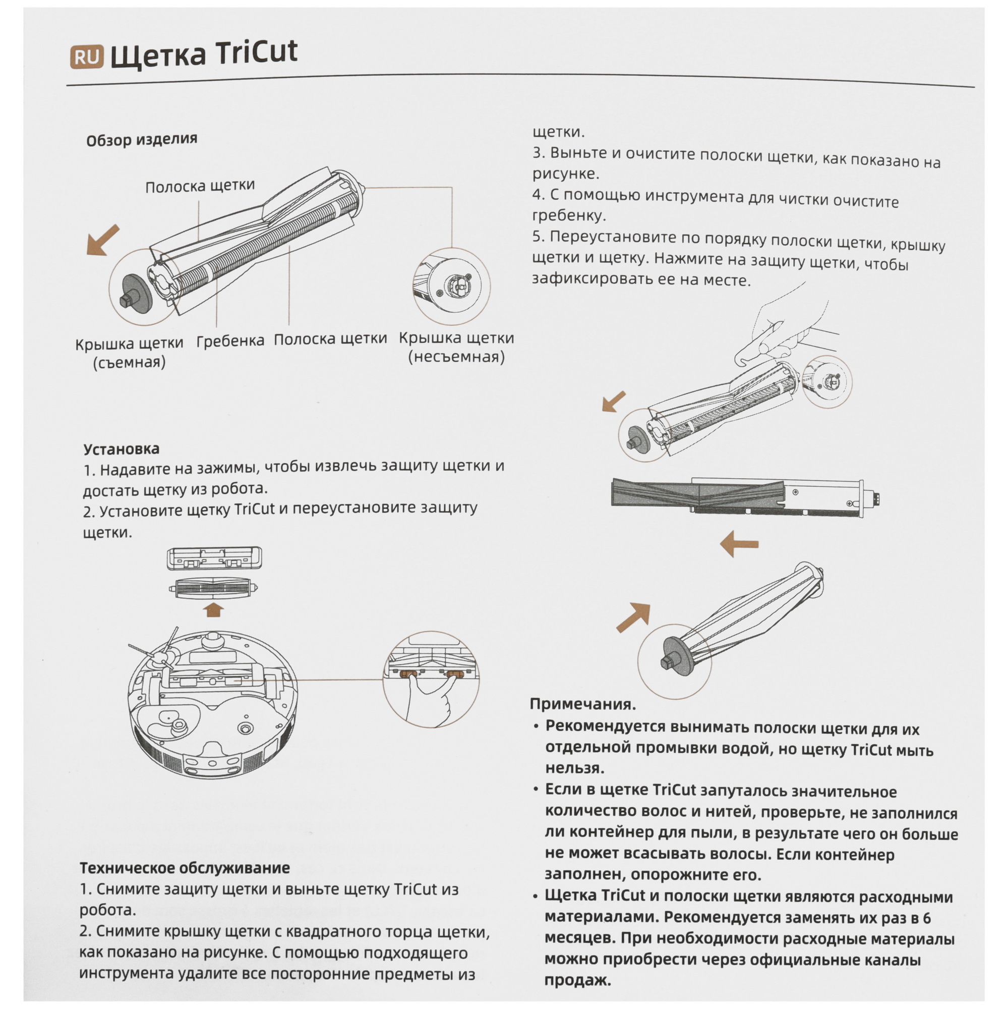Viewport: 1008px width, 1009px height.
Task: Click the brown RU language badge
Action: tap(87, 57)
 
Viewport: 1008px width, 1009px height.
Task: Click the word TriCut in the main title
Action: tap(256, 53)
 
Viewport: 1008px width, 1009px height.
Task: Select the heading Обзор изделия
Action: tap(142, 139)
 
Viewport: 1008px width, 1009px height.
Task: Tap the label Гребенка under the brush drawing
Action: tap(230, 341)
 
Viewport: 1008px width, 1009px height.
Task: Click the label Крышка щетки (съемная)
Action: tap(129, 353)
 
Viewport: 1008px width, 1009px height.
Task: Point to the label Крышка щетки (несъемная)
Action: tap(456, 347)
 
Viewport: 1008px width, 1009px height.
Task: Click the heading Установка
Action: tap(122, 449)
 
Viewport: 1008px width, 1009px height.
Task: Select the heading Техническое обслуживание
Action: tap(184, 780)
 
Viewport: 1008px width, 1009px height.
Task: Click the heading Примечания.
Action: tap(582, 704)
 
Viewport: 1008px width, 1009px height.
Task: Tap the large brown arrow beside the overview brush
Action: tap(103, 240)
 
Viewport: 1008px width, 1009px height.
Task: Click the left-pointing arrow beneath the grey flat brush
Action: tap(739, 544)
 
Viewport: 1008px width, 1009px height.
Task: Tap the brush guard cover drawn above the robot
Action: tap(214, 558)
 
